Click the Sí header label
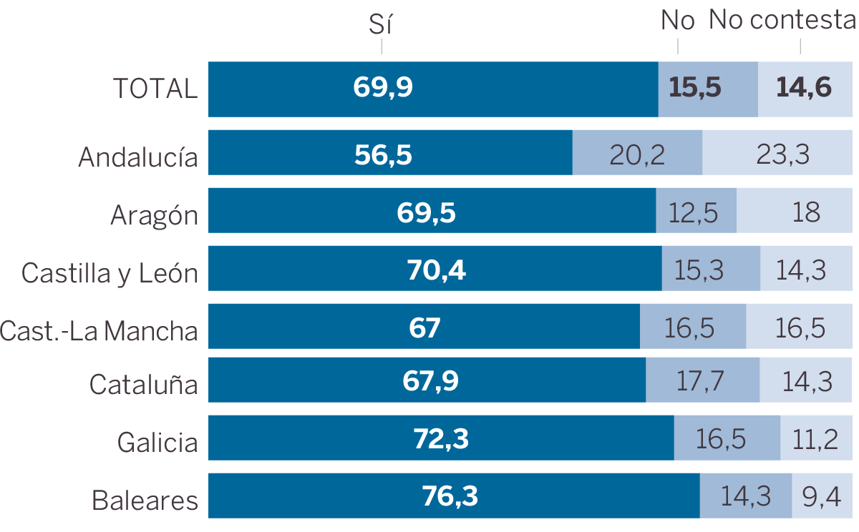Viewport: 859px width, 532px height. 382,24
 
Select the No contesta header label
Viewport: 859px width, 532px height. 783,21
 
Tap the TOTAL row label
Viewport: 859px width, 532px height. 155,89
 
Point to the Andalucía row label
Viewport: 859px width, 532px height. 138,157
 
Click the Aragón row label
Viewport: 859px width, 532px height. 154,215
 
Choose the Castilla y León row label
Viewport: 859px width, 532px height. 110,272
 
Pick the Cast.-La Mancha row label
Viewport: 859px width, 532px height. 99,330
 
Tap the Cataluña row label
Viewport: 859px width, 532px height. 143,385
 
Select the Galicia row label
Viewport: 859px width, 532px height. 157,442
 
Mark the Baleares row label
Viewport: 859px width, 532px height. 145,500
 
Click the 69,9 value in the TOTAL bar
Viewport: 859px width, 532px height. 383,88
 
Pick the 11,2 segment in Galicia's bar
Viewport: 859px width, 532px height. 815,439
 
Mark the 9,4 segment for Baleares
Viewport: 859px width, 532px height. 821,496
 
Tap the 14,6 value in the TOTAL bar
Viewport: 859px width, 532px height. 804,88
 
